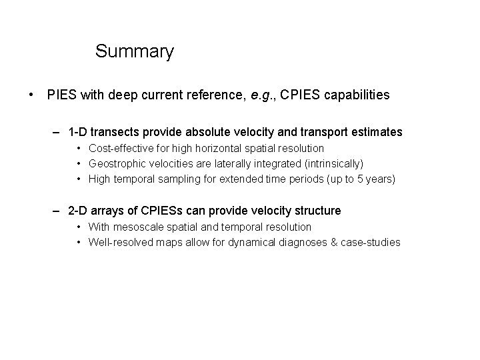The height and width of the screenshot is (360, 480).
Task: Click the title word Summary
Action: (x=134, y=51)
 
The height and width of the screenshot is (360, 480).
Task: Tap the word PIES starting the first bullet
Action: (x=62, y=95)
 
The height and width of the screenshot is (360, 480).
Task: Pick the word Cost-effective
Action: (x=121, y=148)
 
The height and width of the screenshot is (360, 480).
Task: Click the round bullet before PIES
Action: (x=33, y=95)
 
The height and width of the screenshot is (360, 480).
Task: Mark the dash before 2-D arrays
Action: (x=59, y=211)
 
